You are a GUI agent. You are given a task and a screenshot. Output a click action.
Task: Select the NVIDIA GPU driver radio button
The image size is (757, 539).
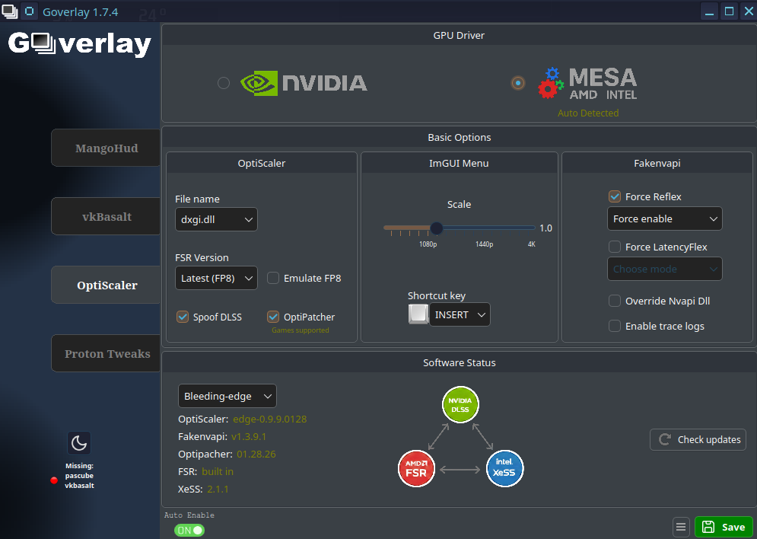coord(224,83)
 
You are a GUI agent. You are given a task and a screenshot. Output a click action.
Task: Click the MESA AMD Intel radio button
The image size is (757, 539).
coord(518,83)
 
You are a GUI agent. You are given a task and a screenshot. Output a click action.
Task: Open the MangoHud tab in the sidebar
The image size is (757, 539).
coord(106,148)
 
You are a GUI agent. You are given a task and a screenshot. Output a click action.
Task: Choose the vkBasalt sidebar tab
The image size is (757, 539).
coord(106,216)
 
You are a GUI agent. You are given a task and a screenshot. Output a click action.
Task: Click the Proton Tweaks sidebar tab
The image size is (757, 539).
coord(106,353)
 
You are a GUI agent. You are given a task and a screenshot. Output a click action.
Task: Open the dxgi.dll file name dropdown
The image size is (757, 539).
coord(216,219)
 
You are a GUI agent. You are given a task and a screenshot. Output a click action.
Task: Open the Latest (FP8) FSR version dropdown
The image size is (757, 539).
coord(216,278)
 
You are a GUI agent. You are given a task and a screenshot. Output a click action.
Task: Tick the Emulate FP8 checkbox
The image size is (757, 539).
coord(273,278)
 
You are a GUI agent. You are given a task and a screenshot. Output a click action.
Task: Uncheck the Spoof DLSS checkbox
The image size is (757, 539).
coord(183,317)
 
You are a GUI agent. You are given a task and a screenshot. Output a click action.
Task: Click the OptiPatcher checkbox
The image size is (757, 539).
coord(273,317)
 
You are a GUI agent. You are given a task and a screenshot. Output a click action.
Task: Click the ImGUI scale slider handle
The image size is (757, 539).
coord(437,228)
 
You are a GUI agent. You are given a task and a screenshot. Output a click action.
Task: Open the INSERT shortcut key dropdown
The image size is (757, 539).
coord(460,314)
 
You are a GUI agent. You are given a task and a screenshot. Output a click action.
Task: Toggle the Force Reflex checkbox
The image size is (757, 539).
coord(615,196)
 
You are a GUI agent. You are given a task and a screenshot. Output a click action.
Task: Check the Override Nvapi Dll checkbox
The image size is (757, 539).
coord(615,301)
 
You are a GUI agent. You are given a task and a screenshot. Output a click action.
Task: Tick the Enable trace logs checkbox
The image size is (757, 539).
coord(615,326)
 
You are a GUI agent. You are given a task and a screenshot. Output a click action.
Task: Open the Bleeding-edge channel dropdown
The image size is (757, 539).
coord(227,396)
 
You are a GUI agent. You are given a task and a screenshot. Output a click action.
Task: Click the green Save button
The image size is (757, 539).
coord(724,527)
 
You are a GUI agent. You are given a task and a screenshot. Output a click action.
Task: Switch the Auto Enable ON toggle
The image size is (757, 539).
coord(189,531)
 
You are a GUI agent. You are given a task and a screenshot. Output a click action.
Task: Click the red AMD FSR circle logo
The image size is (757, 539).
coord(416,468)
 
